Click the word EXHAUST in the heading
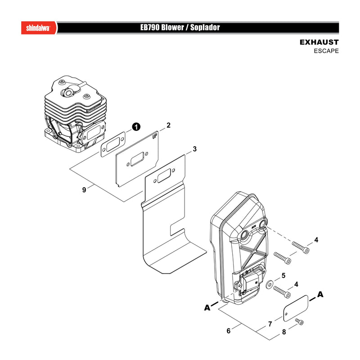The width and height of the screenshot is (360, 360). tap(319, 42)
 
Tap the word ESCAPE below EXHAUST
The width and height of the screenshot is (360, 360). tap(326, 51)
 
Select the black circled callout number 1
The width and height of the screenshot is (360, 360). tap(136, 127)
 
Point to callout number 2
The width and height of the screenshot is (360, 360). tap(168, 125)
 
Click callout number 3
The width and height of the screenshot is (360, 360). tap(195, 149)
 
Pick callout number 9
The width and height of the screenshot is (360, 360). tap(84, 190)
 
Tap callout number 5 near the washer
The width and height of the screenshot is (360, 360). tap(283, 275)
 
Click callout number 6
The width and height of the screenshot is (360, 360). tap(229, 331)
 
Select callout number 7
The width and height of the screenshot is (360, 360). tap(270, 324)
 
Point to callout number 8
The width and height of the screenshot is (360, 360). tap(284, 332)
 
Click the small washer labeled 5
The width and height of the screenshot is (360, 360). tap(269, 285)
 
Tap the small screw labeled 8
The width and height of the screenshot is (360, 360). tap(300, 321)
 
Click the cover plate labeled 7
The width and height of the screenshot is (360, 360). tap(296, 308)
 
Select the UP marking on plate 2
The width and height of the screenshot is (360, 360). tap(155, 137)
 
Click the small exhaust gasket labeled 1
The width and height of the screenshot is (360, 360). tap(113, 144)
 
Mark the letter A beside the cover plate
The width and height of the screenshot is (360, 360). tap(320, 294)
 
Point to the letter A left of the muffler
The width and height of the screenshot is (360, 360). tap(207, 308)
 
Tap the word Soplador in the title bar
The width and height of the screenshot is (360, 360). tap(205, 28)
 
